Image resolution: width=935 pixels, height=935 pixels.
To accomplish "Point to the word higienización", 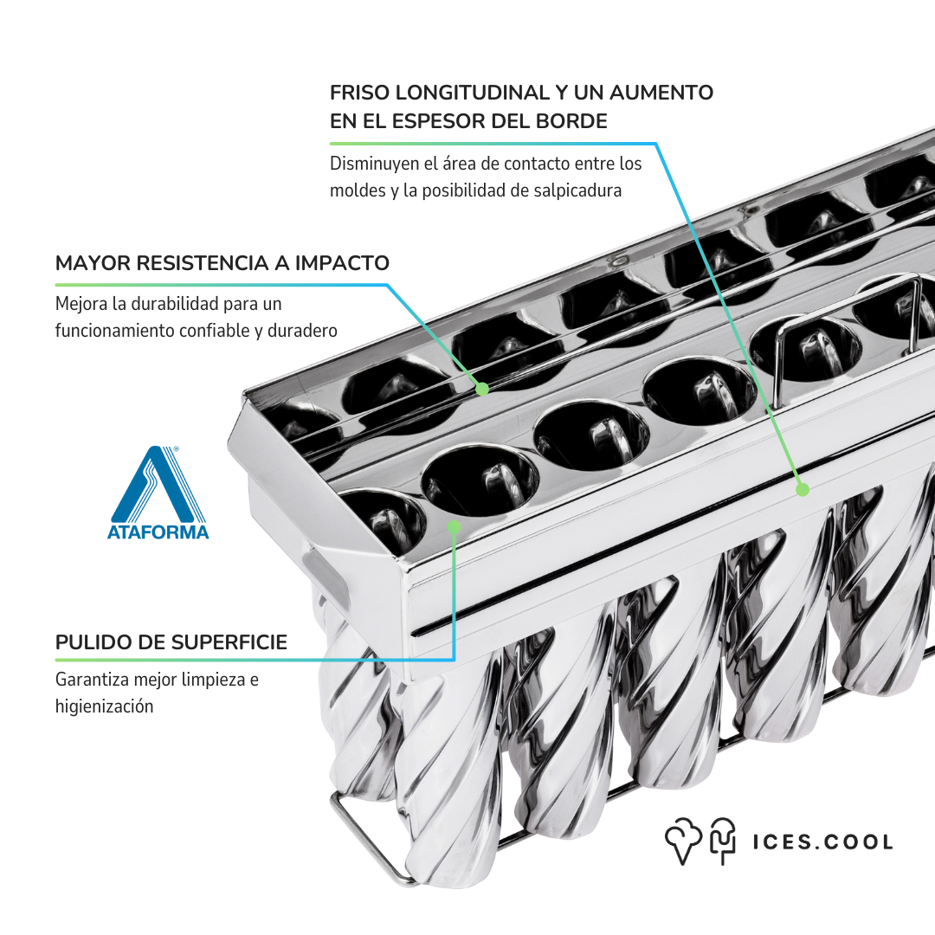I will pyautogui.click(x=105, y=706).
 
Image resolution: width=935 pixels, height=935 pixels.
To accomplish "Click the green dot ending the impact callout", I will pyautogui.click(x=482, y=390).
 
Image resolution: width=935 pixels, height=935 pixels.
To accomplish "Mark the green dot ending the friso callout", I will pyautogui.click(x=803, y=490).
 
